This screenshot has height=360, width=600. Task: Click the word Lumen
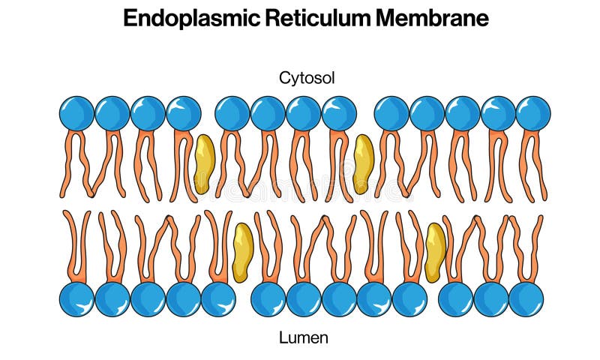coord(304,337)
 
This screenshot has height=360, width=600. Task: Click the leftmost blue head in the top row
coord(77,113)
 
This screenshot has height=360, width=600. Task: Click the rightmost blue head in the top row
coord(533,113)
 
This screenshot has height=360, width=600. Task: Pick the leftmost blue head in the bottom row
coord(77,299)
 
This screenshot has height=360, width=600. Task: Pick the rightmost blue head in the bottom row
coord(526,299)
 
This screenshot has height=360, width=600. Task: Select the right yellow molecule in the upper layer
coord(364,164)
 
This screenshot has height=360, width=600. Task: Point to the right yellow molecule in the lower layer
coord(436,252)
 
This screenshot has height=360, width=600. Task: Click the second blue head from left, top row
coord(112,113)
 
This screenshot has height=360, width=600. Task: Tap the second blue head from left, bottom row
coord(112,299)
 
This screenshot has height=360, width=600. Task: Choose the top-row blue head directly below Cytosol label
coord(304,113)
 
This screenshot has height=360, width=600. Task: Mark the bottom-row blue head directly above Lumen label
coord(304,299)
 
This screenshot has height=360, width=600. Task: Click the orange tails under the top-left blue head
coord(77,165)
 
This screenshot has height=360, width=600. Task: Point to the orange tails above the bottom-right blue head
coord(527,247)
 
